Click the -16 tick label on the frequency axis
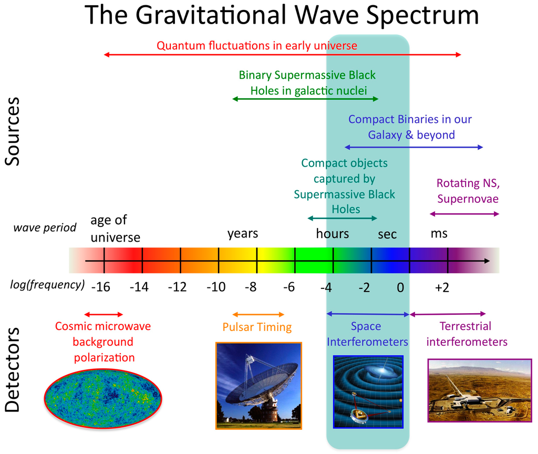(101, 287)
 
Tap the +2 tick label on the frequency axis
(442, 287)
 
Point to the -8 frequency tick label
(251, 287)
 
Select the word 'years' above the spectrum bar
(243, 233)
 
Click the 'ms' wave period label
(439, 234)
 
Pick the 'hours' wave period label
(333, 233)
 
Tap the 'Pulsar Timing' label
(257, 327)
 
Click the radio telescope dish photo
(258, 386)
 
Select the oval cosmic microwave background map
(103, 399)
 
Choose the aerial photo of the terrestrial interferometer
(480, 390)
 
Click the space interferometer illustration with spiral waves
(368, 392)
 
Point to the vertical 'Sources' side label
(13, 131)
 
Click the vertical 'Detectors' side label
(13, 369)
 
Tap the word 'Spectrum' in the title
(422, 16)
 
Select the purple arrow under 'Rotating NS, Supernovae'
(464, 214)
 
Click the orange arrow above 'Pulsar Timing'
(258, 314)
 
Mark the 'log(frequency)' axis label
(47, 285)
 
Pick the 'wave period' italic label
(45, 228)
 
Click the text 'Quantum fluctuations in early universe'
(257, 46)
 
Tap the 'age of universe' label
(115, 229)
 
